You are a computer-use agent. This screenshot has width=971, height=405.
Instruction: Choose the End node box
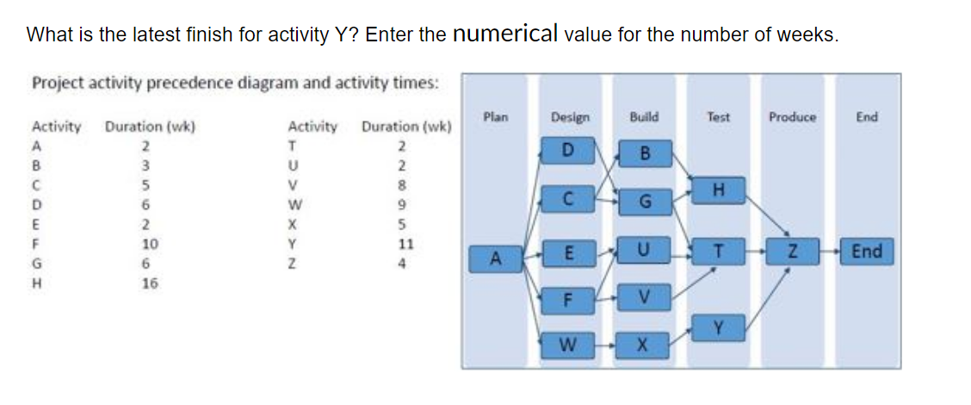tap(866, 252)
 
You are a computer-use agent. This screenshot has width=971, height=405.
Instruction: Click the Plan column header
tap(496, 116)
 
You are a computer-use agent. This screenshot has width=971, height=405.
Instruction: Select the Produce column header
tap(793, 116)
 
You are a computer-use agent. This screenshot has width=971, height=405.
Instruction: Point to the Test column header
tap(718, 116)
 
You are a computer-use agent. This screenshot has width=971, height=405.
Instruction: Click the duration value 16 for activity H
tap(150, 283)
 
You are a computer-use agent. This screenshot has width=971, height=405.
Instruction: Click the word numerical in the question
tap(506, 34)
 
